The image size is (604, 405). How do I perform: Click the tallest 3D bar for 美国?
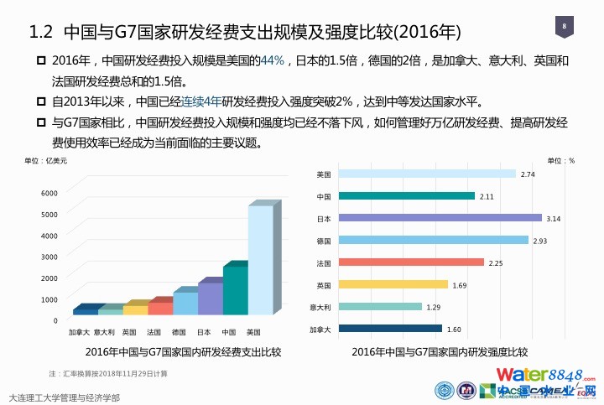click(260, 260)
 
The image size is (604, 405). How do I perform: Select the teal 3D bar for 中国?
click(235, 289)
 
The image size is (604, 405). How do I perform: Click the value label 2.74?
click(528, 174)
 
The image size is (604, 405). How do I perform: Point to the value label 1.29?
click(434, 307)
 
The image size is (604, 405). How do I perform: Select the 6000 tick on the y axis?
click(49, 193)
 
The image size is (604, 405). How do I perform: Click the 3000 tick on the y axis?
click(49, 257)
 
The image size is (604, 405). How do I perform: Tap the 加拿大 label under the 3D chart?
click(80, 332)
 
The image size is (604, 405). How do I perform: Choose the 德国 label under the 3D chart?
click(179, 332)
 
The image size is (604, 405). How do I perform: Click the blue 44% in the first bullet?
click(273, 61)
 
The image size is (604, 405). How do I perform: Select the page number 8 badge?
click(564, 28)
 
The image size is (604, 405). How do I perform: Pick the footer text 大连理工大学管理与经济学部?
click(64, 397)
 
